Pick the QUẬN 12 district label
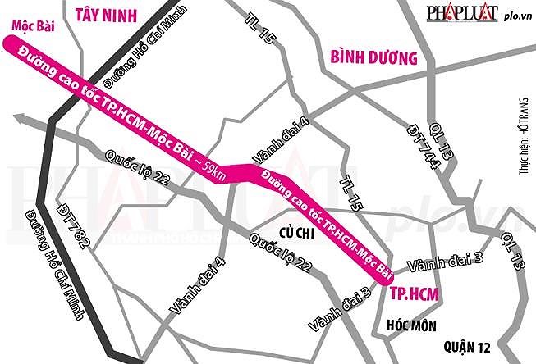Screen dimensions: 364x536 point(466,344)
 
